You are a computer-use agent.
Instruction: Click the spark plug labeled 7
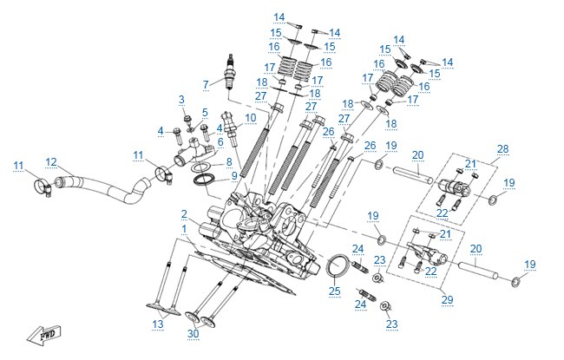point(228,73)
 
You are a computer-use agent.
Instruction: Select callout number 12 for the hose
point(51,162)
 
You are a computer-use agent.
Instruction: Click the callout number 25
point(335,291)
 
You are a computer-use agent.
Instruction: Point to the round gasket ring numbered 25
point(338,265)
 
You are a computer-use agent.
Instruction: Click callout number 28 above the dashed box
point(503,148)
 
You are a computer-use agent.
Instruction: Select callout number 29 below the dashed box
point(447,299)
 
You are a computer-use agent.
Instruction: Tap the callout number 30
point(193,333)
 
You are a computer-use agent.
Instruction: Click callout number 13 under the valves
point(158,324)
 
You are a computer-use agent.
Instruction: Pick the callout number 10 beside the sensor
point(251,118)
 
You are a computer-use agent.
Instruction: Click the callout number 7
point(206,84)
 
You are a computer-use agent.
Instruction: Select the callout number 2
point(184,215)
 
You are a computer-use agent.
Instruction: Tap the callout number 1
point(184,229)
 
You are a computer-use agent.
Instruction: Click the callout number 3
point(181,100)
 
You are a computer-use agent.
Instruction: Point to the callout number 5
point(205,112)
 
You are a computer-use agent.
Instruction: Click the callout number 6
point(220,142)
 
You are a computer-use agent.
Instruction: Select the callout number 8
point(229,162)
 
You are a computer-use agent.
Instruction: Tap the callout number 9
point(234,176)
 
